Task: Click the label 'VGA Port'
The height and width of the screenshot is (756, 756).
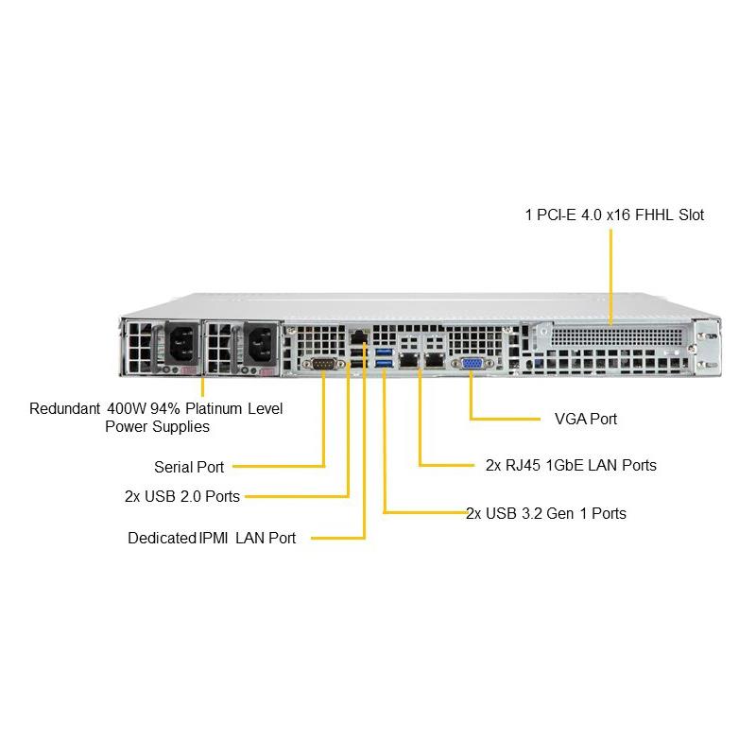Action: tap(586, 418)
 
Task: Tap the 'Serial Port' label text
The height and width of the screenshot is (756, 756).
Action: tap(189, 467)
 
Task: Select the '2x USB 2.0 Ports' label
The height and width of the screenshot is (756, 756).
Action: tap(181, 496)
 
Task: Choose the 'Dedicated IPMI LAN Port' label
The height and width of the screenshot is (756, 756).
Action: tap(212, 539)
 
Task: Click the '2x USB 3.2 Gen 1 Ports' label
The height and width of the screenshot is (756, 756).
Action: tap(546, 514)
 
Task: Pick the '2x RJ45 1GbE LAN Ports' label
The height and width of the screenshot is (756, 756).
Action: tap(571, 465)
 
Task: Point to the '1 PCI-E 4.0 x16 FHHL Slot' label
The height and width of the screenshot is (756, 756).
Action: tap(614, 215)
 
